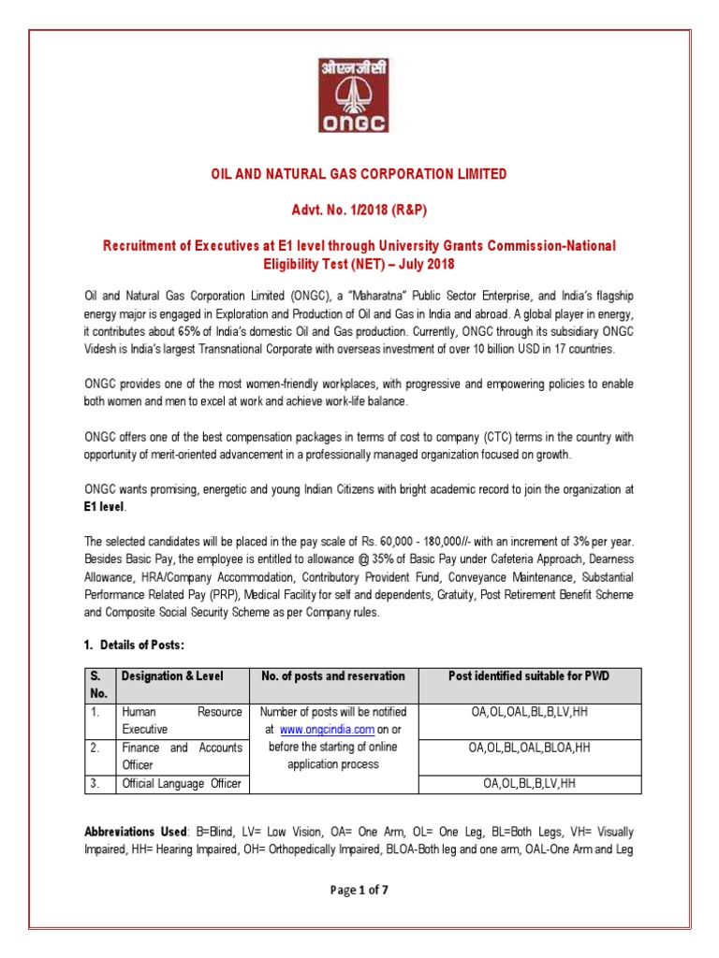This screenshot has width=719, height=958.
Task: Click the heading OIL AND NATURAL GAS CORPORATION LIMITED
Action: pos(359,174)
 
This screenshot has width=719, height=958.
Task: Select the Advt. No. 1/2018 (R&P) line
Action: pos(359,210)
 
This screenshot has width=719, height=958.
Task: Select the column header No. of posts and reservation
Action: pos(333,675)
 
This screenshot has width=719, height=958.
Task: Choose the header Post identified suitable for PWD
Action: pos(530,675)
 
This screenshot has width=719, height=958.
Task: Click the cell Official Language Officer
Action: pos(182,782)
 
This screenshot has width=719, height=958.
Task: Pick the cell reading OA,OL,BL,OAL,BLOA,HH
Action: pos(530,748)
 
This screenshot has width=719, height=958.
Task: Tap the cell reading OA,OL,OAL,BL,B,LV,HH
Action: pos(530,712)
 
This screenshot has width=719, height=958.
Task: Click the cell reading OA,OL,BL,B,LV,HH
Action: pos(530,782)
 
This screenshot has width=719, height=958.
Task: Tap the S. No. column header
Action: pos(97,684)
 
